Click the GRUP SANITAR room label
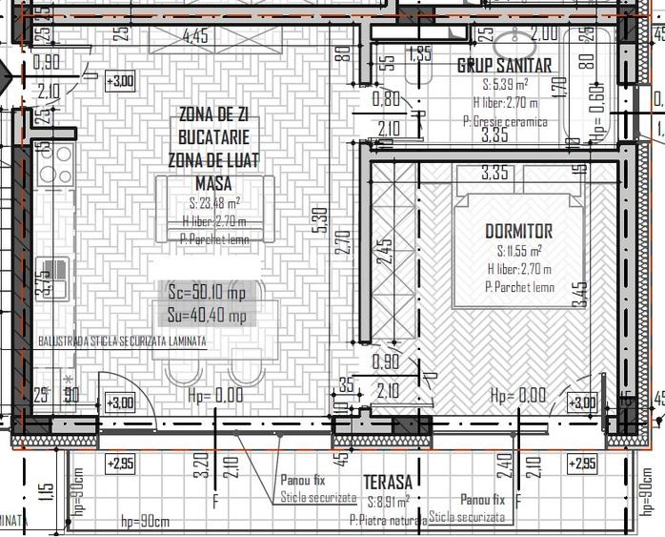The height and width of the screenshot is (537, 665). [x=504, y=66]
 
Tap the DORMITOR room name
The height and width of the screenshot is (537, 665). [x=518, y=231]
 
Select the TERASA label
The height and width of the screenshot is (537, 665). [x=388, y=483]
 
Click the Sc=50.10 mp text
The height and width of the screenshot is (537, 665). [x=206, y=292]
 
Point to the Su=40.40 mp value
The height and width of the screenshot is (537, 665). [x=206, y=316]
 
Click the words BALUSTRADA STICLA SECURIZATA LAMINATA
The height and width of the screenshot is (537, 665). [x=121, y=341]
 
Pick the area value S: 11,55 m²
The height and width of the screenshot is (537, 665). [x=518, y=251]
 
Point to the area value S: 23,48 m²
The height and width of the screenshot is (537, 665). [x=213, y=202]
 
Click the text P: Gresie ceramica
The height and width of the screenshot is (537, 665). [x=505, y=121]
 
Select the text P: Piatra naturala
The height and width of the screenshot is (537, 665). [x=387, y=520]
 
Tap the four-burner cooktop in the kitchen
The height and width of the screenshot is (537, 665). [x=54, y=164]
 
